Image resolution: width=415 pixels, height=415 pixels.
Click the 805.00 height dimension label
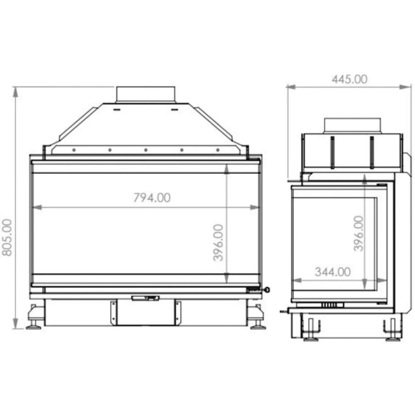pyautogui.click(x=7, y=237)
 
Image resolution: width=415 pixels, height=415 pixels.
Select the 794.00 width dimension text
pyautogui.click(x=151, y=198)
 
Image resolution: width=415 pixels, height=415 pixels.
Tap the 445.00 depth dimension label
pyautogui.click(x=349, y=79)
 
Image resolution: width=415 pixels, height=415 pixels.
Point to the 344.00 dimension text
pyautogui.click(x=333, y=272)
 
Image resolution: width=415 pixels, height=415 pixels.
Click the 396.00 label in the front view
pyautogui.click(x=219, y=242)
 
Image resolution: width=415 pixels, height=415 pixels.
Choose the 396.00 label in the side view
pyautogui.click(x=359, y=233)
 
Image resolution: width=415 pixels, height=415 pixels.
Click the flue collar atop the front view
pyautogui.click(x=146, y=94)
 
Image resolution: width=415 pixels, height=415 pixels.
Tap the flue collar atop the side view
pyautogui.click(x=352, y=126)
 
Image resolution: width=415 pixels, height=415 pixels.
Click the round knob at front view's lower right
pyautogui.click(x=267, y=290)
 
